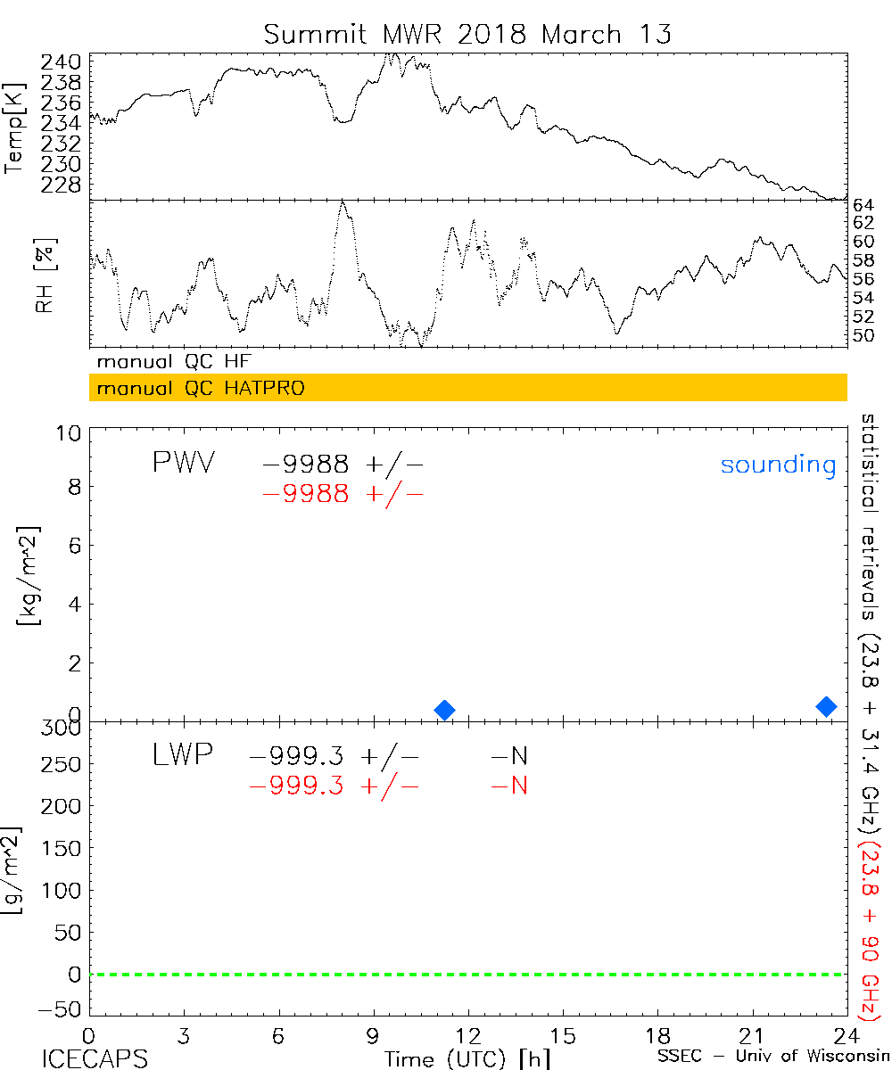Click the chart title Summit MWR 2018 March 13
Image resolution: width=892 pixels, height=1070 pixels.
(467, 34)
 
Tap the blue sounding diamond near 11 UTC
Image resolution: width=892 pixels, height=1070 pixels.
(444, 710)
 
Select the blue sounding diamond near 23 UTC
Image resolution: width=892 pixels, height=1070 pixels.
(827, 706)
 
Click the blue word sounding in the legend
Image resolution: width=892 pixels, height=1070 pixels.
(778, 465)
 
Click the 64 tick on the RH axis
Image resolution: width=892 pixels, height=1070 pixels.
(863, 204)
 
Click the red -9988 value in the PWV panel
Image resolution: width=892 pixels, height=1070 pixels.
(305, 494)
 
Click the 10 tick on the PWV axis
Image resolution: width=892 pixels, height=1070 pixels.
(72, 432)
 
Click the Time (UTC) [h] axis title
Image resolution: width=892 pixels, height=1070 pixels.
(467, 1058)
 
